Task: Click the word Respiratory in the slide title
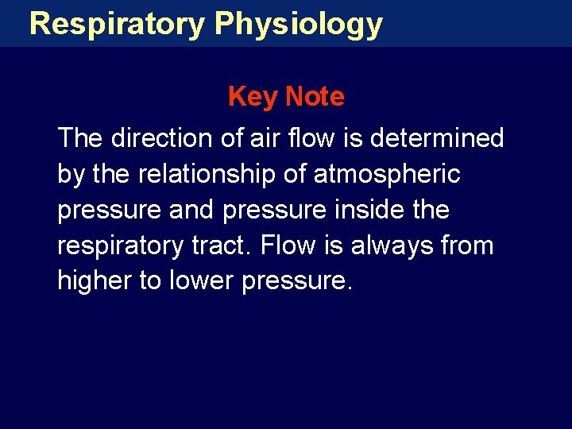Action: click(x=117, y=24)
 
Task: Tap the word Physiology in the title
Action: click(x=298, y=24)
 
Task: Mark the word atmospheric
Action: click(x=387, y=174)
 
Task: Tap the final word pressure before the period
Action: click(x=293, y=282)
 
